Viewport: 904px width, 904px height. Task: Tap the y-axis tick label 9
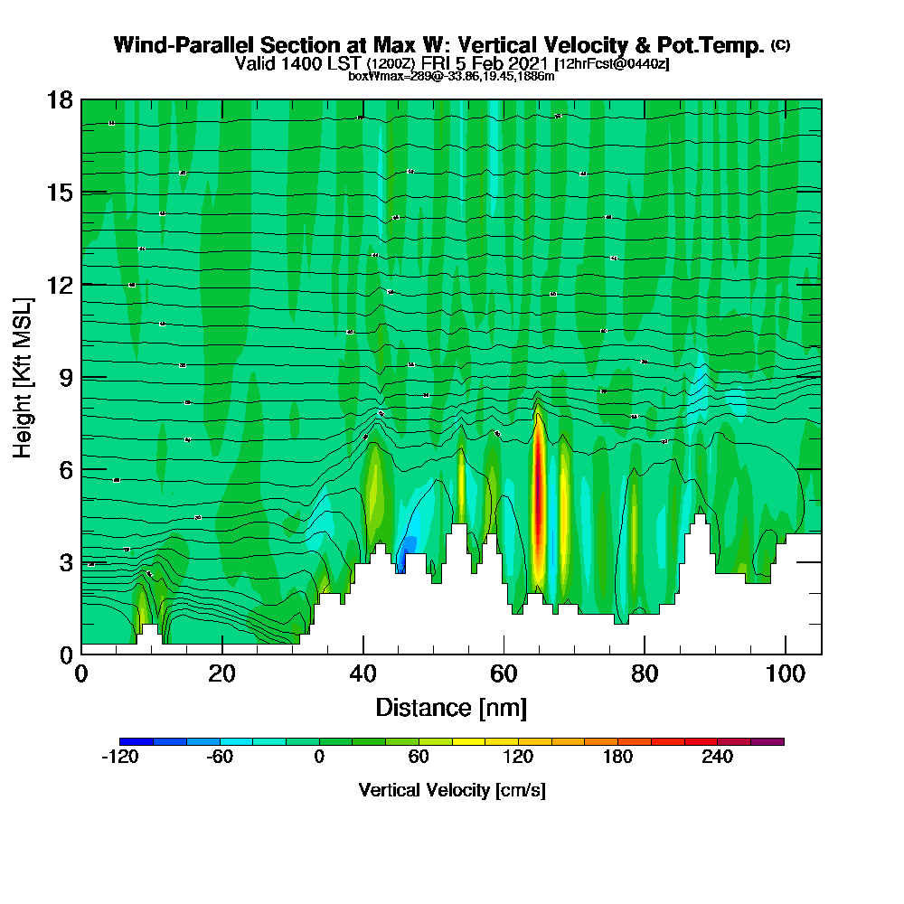coord(65,378)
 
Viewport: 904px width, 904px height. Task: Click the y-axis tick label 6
coord(65,470)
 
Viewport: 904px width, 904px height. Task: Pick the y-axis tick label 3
coord(65,562)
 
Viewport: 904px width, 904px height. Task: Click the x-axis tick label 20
coord(221,674)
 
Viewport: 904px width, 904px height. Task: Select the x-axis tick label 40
coord(363,674)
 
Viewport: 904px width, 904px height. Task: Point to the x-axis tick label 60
coord(504,674)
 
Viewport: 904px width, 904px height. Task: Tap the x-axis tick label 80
coord(645,674)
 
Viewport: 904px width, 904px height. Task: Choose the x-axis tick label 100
coord(786,674)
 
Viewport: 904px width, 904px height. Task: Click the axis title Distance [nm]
coord(451,707)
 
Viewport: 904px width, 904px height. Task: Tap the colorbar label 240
coord(717,758)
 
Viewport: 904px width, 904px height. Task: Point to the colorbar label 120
coord(518,758)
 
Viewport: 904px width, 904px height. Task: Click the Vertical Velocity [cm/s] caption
coord(452,790)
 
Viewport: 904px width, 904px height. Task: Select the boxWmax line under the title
coord(451,77)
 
